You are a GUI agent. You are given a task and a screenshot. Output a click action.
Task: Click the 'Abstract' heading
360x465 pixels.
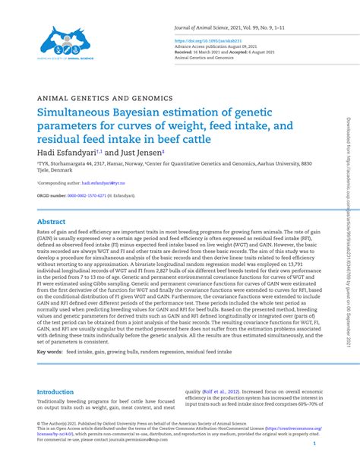(x=51, y=222)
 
